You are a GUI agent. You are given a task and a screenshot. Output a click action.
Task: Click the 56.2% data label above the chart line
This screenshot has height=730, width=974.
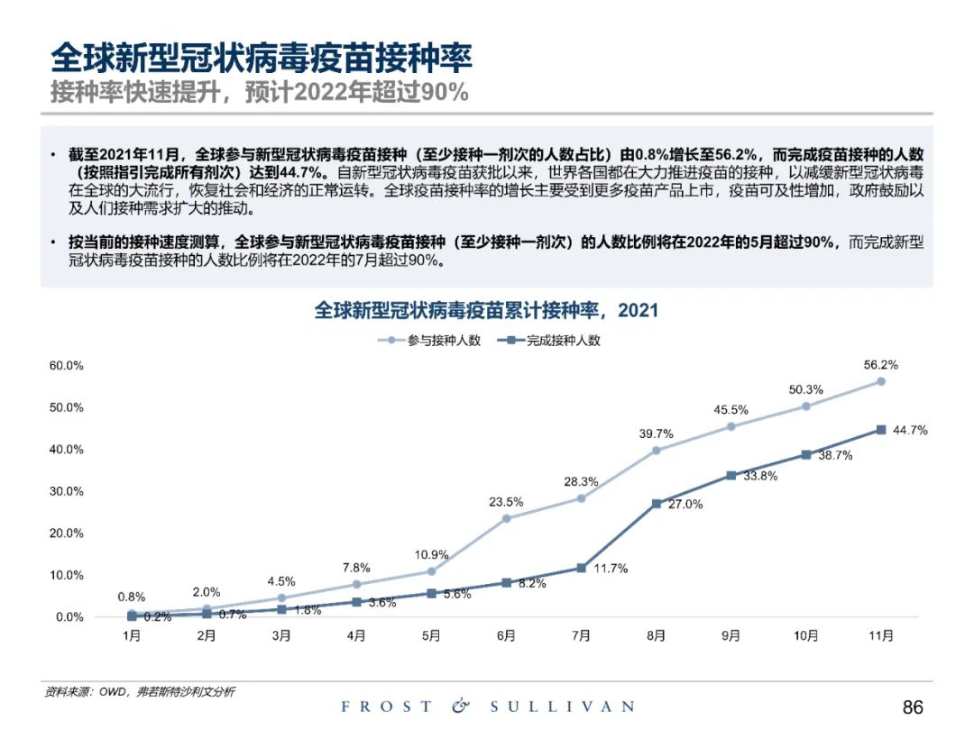pos(880,365)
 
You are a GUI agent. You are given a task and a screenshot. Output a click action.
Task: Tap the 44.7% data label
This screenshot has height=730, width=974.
pos(910,430)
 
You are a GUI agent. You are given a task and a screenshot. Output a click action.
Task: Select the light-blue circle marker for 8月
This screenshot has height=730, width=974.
pos(656,451)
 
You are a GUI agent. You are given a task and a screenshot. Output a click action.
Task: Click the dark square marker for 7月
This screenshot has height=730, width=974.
pos(581,568)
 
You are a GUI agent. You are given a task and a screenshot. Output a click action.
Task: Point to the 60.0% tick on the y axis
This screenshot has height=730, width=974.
pos(66,366)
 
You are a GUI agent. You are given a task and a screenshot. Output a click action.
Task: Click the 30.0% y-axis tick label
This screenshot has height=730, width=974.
pos(66,492)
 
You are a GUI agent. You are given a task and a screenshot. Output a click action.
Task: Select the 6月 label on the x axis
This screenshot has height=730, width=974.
pos(506,636)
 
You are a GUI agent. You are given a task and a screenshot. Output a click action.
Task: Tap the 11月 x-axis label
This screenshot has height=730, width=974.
pos(880,636)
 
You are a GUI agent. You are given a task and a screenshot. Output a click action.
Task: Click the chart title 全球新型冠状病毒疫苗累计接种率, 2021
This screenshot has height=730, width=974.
pos(486,311)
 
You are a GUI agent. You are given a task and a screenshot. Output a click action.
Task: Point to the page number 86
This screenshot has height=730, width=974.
pos(913,707)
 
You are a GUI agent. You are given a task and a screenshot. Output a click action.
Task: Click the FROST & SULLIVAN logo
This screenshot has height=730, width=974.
pos(487,707)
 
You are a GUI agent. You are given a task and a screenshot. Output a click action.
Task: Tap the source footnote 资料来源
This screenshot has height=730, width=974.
pos(140,691)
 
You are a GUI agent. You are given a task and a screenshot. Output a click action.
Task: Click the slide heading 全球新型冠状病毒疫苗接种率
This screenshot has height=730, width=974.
pos(262,59)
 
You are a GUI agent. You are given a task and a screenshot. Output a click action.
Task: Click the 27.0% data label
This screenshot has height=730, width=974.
pos(685,505)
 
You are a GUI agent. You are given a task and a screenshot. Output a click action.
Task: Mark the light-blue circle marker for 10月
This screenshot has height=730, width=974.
pos(805,406)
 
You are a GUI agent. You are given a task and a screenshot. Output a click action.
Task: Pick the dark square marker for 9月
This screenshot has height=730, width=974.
pos(730,475)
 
